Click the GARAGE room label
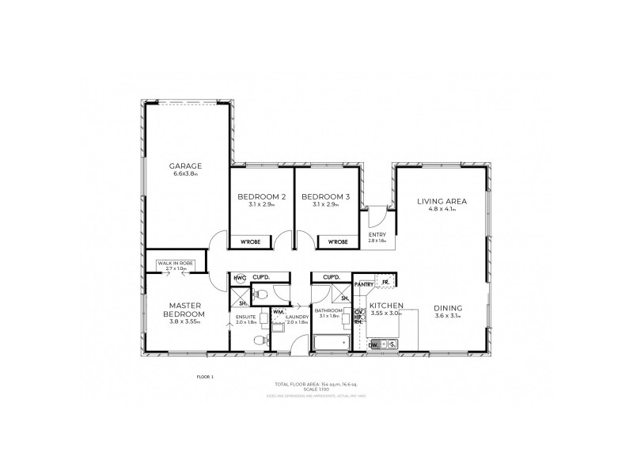coord(186,165)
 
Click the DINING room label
coord(448,309)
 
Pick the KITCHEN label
coord(387,306)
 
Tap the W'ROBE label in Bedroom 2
coord(251,241)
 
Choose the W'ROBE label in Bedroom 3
coord(337,241)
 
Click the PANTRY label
coord(364,283)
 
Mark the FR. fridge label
coord(385,283)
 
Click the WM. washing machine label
coord(279,313)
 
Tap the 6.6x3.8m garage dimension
coord(186,173)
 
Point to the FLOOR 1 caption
coord(204,377)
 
